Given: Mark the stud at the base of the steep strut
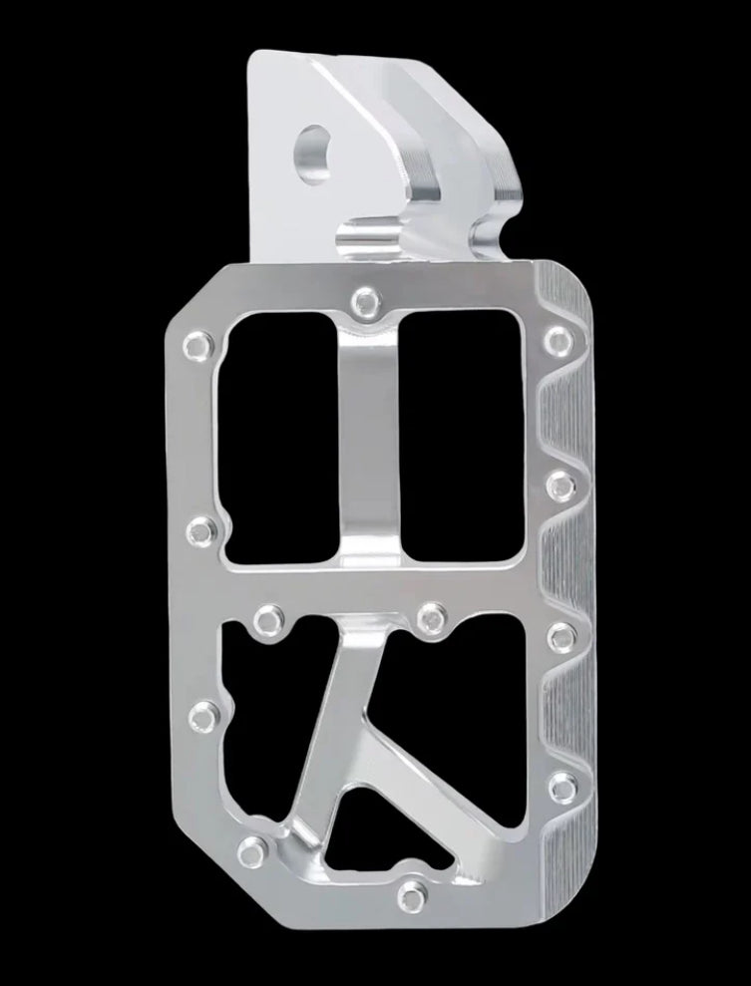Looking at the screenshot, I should pos(256,849).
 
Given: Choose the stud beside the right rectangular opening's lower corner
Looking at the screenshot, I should pos(559,484).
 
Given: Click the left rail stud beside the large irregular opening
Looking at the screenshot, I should pos(206,714).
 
